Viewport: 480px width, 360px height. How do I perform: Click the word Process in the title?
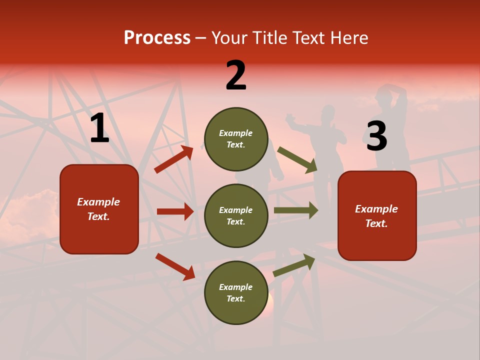157,37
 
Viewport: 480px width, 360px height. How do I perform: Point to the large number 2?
236,75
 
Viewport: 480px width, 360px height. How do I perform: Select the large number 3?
376,136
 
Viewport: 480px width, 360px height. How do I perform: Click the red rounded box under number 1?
99,209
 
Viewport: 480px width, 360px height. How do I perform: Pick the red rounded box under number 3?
377,215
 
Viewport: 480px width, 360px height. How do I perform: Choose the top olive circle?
236,139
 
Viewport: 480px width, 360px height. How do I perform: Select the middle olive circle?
236,215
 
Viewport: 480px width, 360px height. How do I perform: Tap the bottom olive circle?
236,292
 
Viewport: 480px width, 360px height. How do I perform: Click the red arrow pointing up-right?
173,159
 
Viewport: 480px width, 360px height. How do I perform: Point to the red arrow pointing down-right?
175,266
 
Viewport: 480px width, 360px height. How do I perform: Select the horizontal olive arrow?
295,210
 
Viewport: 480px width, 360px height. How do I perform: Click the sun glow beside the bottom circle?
270,300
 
